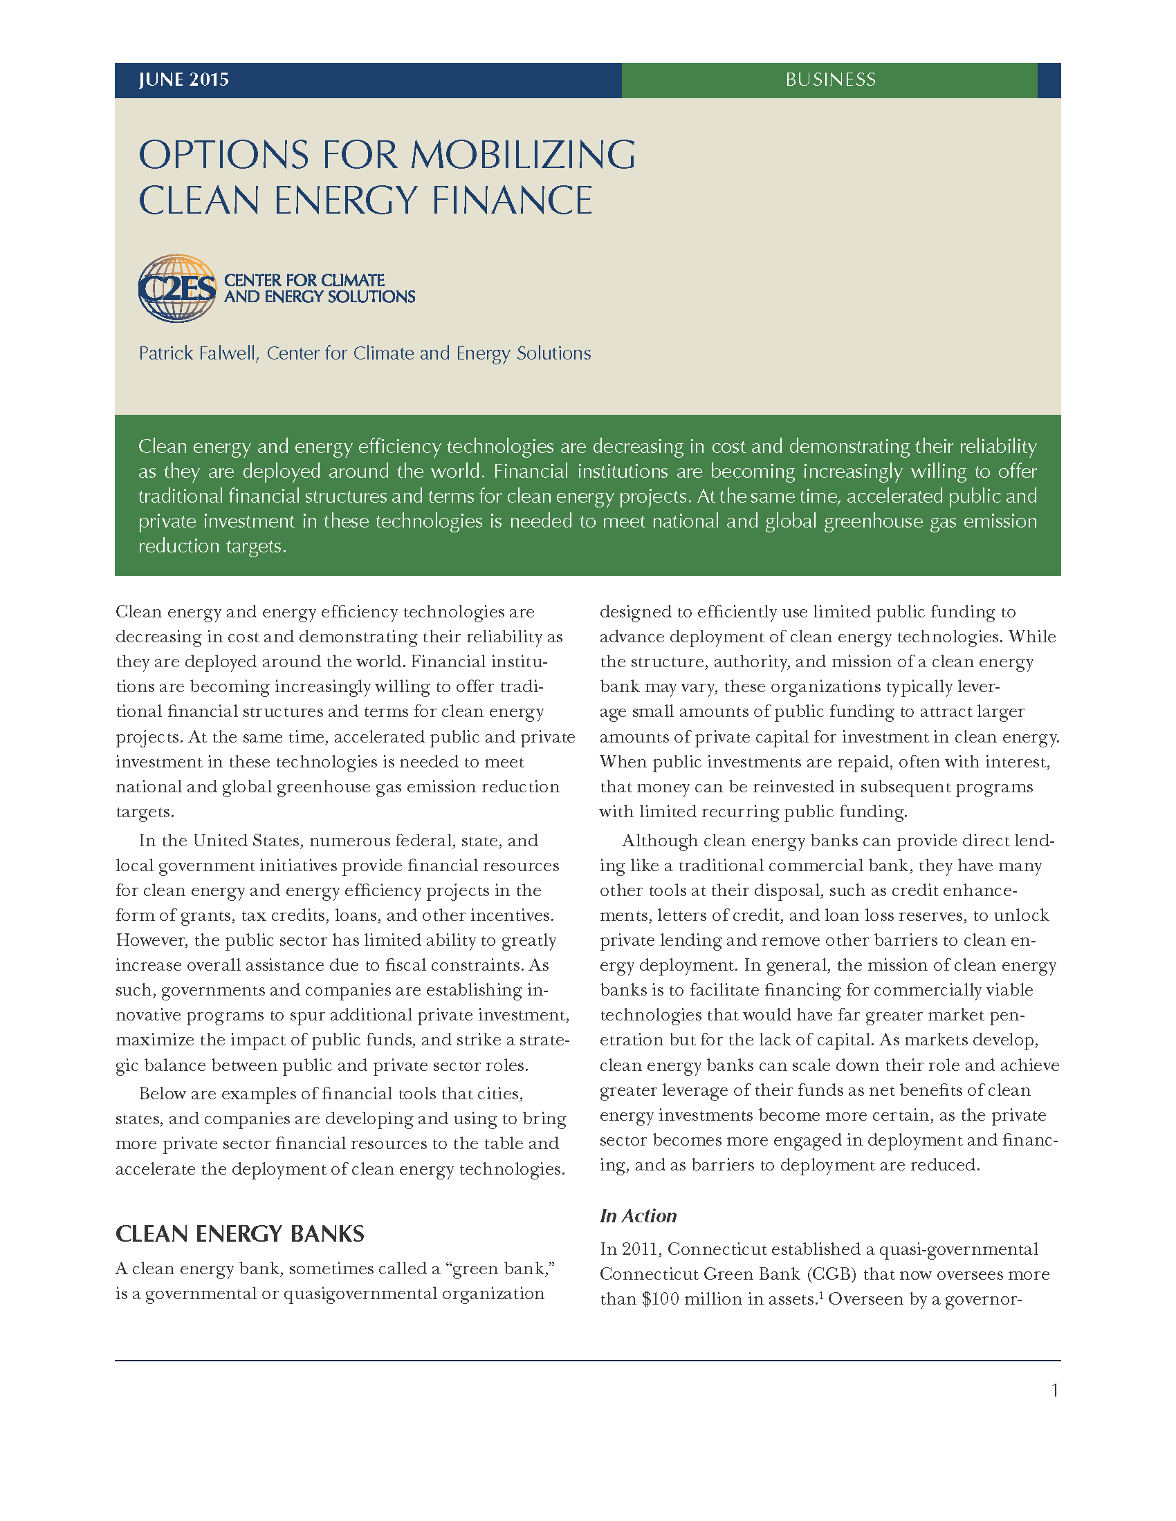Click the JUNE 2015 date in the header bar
click(x=183, y=80)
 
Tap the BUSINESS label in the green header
click(x=829, y=80)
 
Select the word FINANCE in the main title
click(x=511, y=200)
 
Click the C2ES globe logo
click(x=178, y=288)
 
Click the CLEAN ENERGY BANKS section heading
click(x=239, y=1233)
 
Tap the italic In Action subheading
click(x=638, y=1215)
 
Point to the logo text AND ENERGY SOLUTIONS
click(x=319, y=297)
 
